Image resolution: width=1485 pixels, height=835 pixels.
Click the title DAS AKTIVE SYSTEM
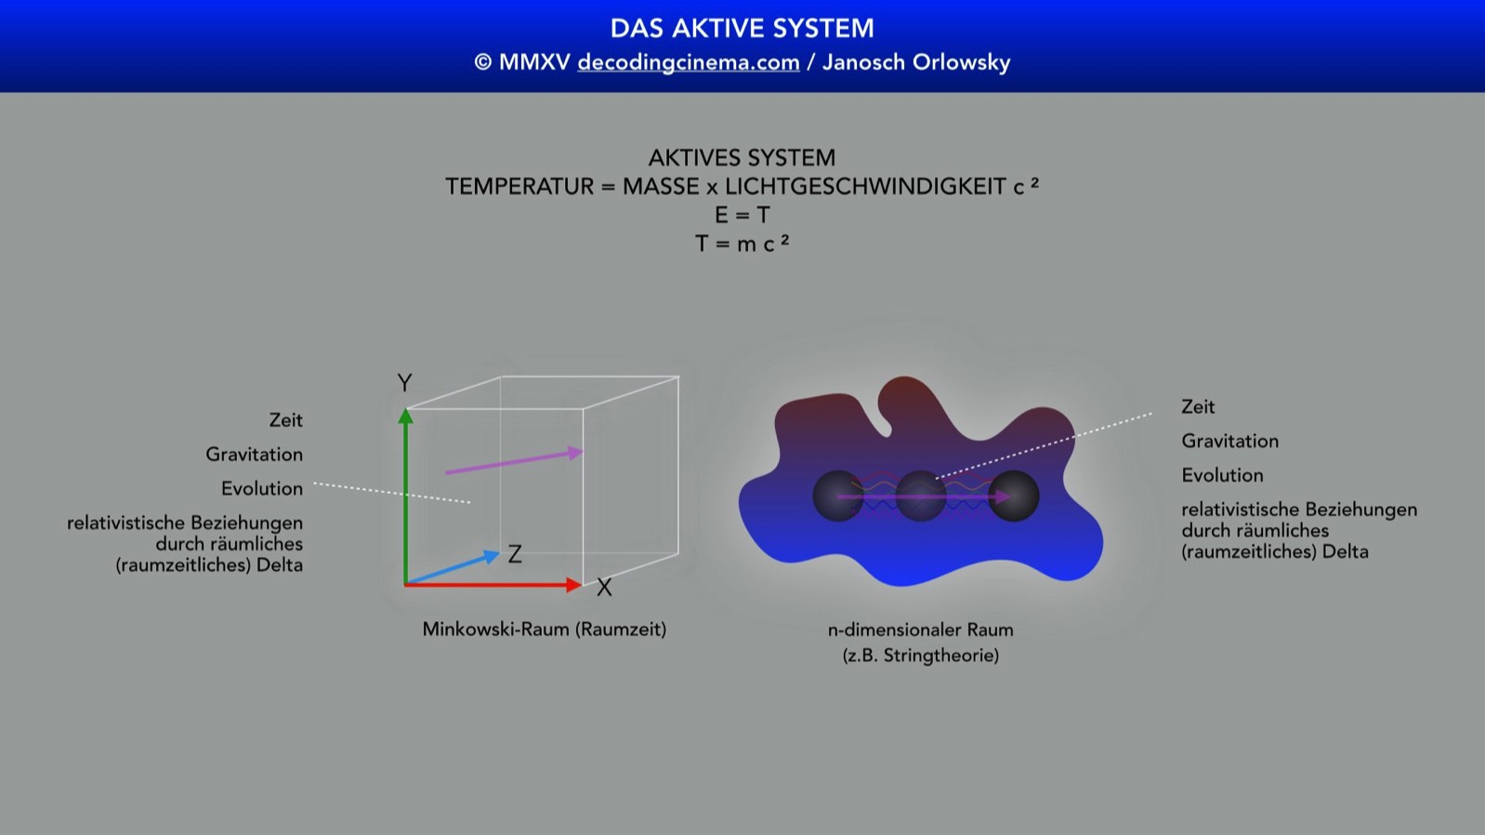[742, 29]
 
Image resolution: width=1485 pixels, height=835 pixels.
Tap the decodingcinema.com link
[689, 62]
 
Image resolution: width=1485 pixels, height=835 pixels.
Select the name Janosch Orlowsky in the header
[916, 62]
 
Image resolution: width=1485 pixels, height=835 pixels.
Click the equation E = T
[742, 215]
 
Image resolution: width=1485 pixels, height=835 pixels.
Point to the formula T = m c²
[742, 244]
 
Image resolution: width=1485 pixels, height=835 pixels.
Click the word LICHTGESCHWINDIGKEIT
[865, 186]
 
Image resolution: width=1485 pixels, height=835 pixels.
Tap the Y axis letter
[404, 383]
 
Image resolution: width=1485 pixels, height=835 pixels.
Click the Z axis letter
[515, 554]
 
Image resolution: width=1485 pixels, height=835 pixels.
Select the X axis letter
[604, 588]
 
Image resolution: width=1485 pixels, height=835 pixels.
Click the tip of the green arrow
[405, 409]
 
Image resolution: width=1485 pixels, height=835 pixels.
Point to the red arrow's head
[574, 585]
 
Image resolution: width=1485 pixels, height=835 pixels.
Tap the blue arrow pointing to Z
[453, 568]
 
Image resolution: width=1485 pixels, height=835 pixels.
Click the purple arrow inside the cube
[514, 462]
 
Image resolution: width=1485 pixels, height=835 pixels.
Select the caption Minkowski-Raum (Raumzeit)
[545, 630]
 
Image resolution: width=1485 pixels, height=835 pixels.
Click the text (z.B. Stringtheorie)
[921, 656]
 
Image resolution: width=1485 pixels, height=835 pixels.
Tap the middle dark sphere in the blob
[921, 497]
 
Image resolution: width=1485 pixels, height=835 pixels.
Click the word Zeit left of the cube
[285, 419]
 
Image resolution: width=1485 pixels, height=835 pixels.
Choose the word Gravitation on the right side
[1229, 441]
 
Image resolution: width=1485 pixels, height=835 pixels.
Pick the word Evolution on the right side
[1222, 475]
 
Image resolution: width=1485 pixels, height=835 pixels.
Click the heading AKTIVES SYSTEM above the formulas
[742, 158]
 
